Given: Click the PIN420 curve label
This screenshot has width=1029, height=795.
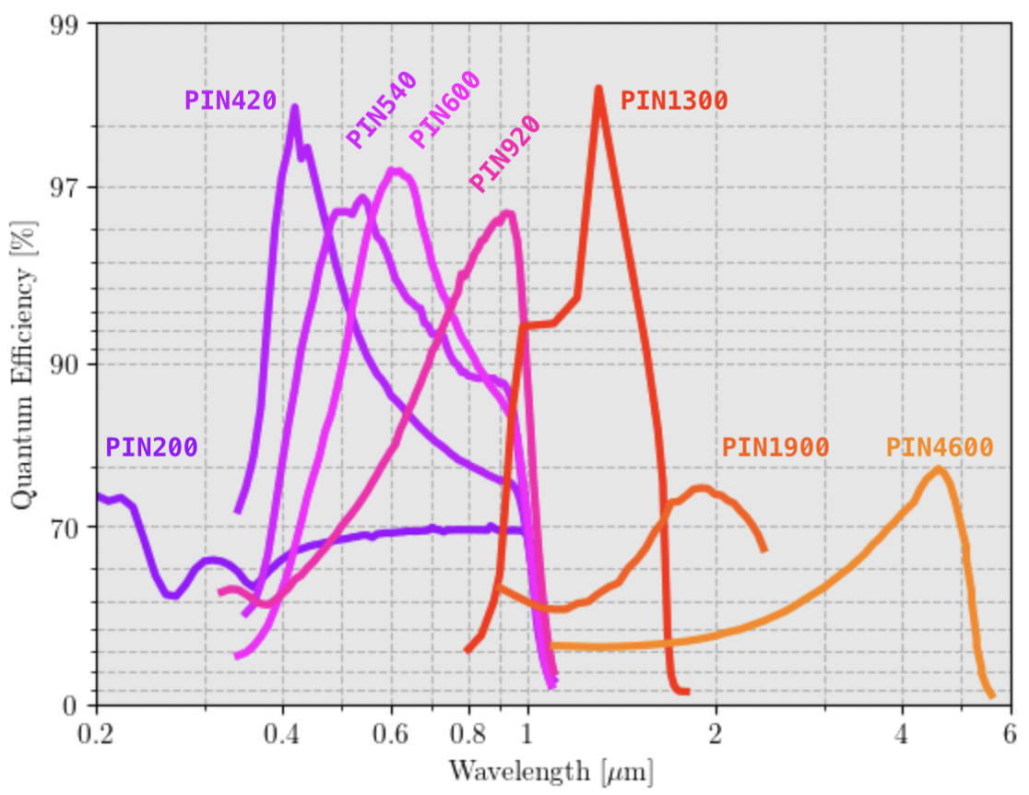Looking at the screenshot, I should (231, 100).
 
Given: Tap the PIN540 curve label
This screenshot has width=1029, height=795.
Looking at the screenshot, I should (382, 110).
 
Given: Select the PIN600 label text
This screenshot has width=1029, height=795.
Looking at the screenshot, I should (444, 110).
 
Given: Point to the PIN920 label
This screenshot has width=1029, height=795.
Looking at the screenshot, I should (503, 154).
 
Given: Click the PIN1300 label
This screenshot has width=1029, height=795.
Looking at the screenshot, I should (674, 100).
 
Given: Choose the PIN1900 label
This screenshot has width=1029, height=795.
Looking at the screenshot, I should (775, 447).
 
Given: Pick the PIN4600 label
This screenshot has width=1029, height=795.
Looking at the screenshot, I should (940, 447).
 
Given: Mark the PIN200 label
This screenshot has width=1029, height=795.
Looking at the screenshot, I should (151, 447).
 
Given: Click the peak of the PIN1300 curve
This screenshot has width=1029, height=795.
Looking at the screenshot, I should (598, 89).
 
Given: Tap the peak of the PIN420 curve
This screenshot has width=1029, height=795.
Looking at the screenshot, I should (295, 108).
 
